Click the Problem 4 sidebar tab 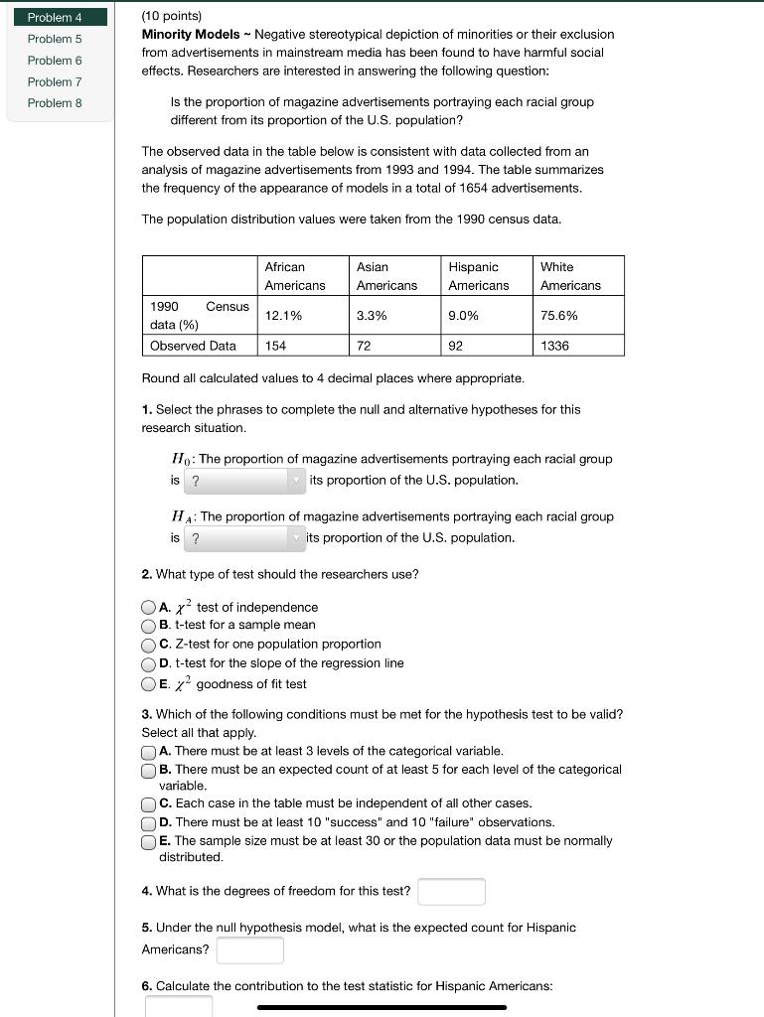tap(56, 17)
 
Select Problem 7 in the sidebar tap(56, 81)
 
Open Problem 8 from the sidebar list tap(56, 103)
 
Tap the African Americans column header tap(295, 276)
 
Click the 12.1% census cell tap(284, 316)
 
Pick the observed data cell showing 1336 tap(556, 346)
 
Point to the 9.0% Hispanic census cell tap(464, 316)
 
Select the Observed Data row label tap(194, 346)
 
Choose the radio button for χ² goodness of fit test tap(149, 684)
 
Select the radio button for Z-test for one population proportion tap(149, 645)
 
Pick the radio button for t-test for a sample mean tap(149, 626)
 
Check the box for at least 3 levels tap(149, 752)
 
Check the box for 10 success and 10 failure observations tap(149, 822)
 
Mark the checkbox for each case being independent tap(149, 803)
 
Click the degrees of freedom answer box tap(451, 891)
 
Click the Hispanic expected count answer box tap(250, 950)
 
